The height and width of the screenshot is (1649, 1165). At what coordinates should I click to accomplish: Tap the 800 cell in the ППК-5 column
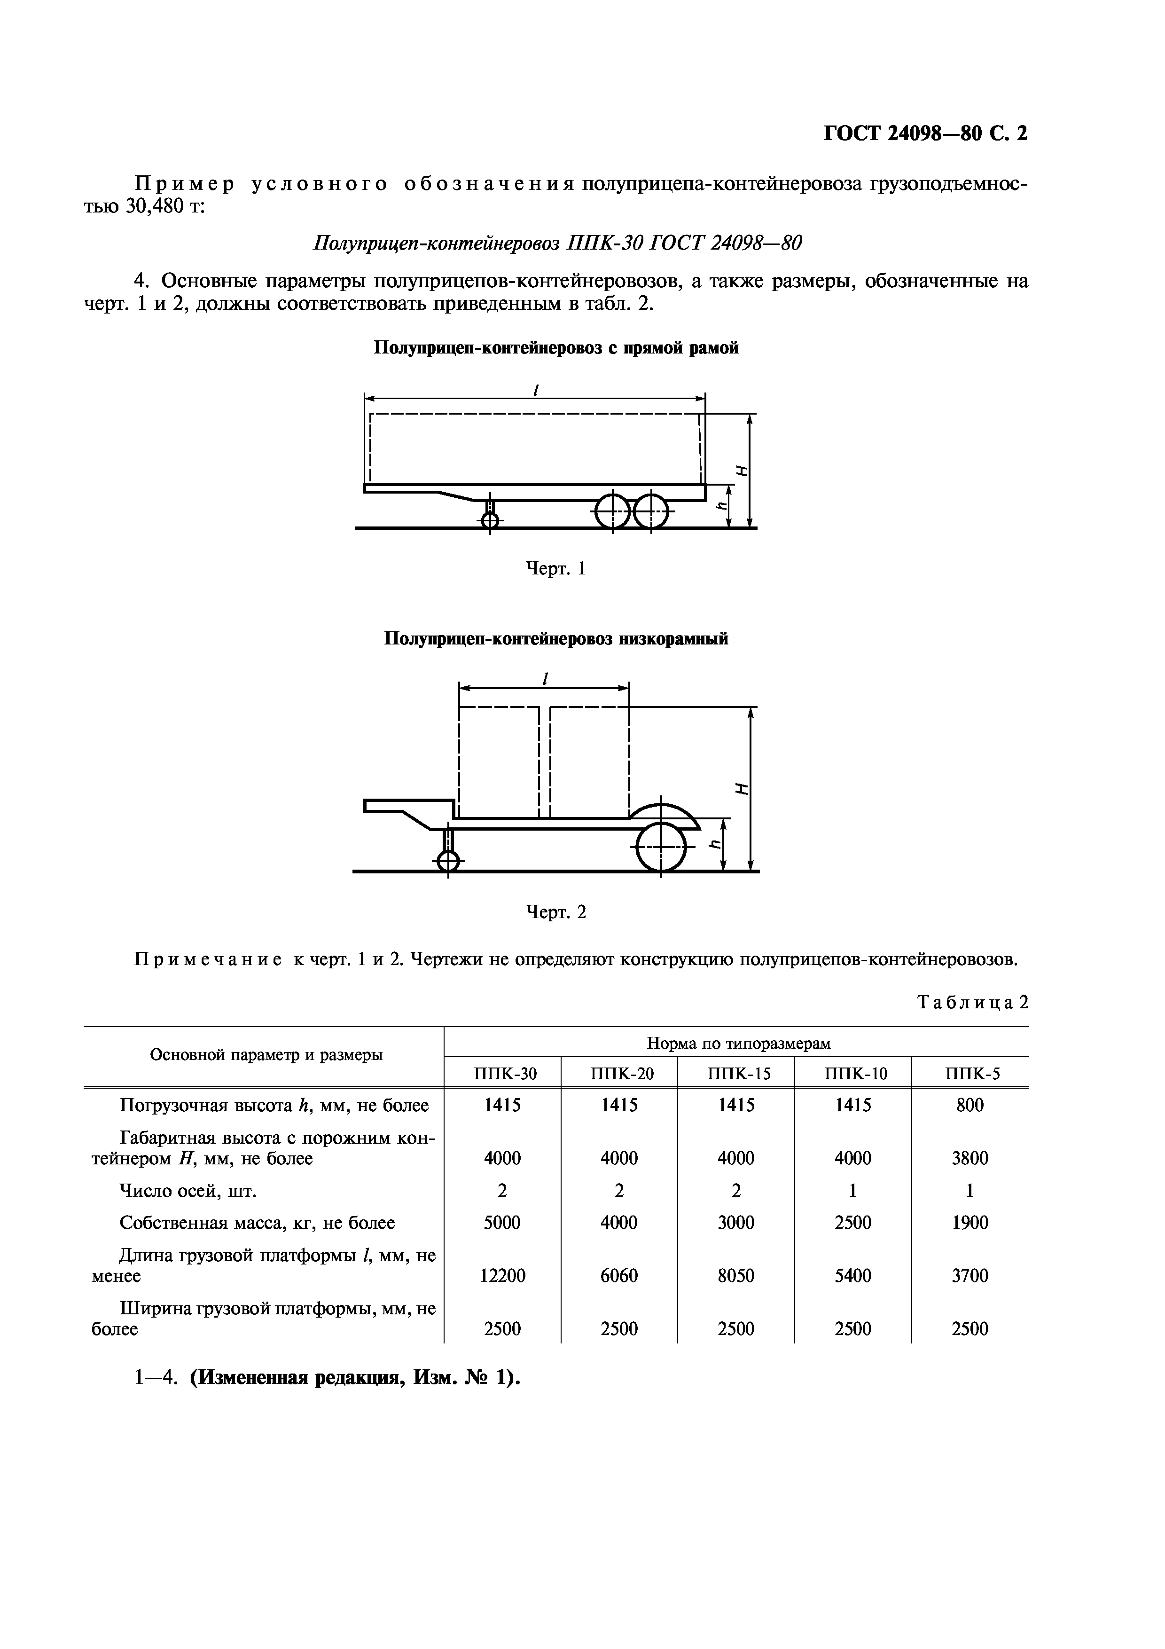click(x=970, y=1105)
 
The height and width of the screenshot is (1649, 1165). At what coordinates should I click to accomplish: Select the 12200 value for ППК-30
click(x=502, y=1276)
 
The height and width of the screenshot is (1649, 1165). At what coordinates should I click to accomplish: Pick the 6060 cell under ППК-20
click(x=619, y=1276)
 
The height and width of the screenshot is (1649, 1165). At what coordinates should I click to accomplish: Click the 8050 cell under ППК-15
click(x=736, y=1276)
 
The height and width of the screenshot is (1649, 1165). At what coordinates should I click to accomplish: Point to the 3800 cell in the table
click(x=970, y=1158)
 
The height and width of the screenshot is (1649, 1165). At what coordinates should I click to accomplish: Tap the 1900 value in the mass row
click(x=970, y=1222)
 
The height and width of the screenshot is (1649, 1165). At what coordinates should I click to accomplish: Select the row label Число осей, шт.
click(x=188, y=1191)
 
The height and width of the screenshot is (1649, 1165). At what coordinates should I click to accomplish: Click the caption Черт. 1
click(x=556, y=569)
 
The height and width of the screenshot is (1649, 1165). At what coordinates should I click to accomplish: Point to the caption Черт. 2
click(x=556, y=912)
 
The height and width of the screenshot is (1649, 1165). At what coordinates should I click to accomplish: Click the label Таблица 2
click(x=973, y=1002)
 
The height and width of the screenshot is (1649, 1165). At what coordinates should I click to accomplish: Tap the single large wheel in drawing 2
click(x=661, y=848)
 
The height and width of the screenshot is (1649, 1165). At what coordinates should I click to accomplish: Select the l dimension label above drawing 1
click(x=535, y=390)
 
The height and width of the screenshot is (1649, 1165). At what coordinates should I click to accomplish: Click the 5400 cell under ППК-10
click(x=853, y=1276)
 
